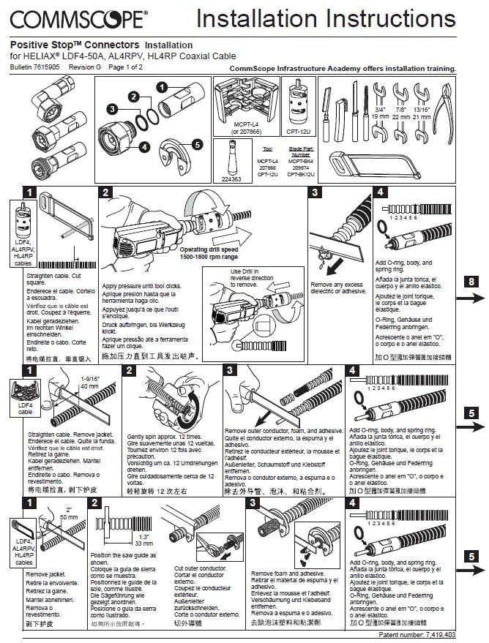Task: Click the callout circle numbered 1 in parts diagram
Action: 160,86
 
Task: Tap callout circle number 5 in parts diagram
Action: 197,144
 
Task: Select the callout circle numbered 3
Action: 112,109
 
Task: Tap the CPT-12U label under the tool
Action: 296,133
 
